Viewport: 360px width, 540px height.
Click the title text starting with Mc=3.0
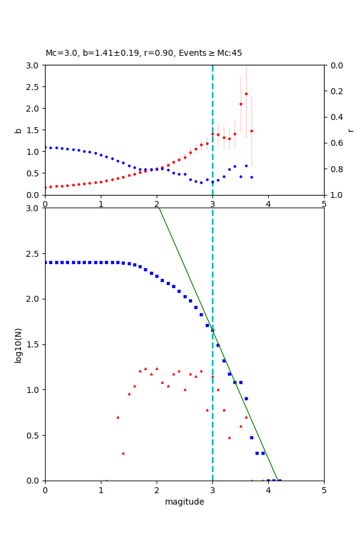pyautogui.click(x=144, y=53)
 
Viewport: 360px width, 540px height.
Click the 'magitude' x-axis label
pyautogui.click(x=184, y=502)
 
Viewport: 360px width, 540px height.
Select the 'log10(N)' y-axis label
pyautogui.click(x=18, y=344)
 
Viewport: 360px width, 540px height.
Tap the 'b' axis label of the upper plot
pyautogui.click(x=18, y=130)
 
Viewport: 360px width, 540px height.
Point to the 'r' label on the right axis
pyautogui.click(x=350, y=130)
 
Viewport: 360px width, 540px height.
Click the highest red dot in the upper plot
pyautogui.click(x=246, y=94)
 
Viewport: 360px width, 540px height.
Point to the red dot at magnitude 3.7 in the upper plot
pyautogui.click(x=251, y=131)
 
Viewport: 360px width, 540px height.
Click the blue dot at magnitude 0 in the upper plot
pyautogui.click(x=45, y=147)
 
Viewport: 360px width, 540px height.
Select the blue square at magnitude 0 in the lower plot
pyautogui.click(x=45, y=262)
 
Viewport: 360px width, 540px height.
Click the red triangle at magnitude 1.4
pyautogui.click(x=123, y=453)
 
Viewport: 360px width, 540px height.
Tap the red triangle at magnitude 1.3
pyautogui.click(x=118, y=417)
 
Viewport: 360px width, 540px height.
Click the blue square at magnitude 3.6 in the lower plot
pyautogui.click(x=246, y=398)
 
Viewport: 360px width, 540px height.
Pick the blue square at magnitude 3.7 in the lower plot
pyautogui.click(x=251, y=437)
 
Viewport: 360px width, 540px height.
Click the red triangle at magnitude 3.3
pyautogui.click(x=229, y=437)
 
